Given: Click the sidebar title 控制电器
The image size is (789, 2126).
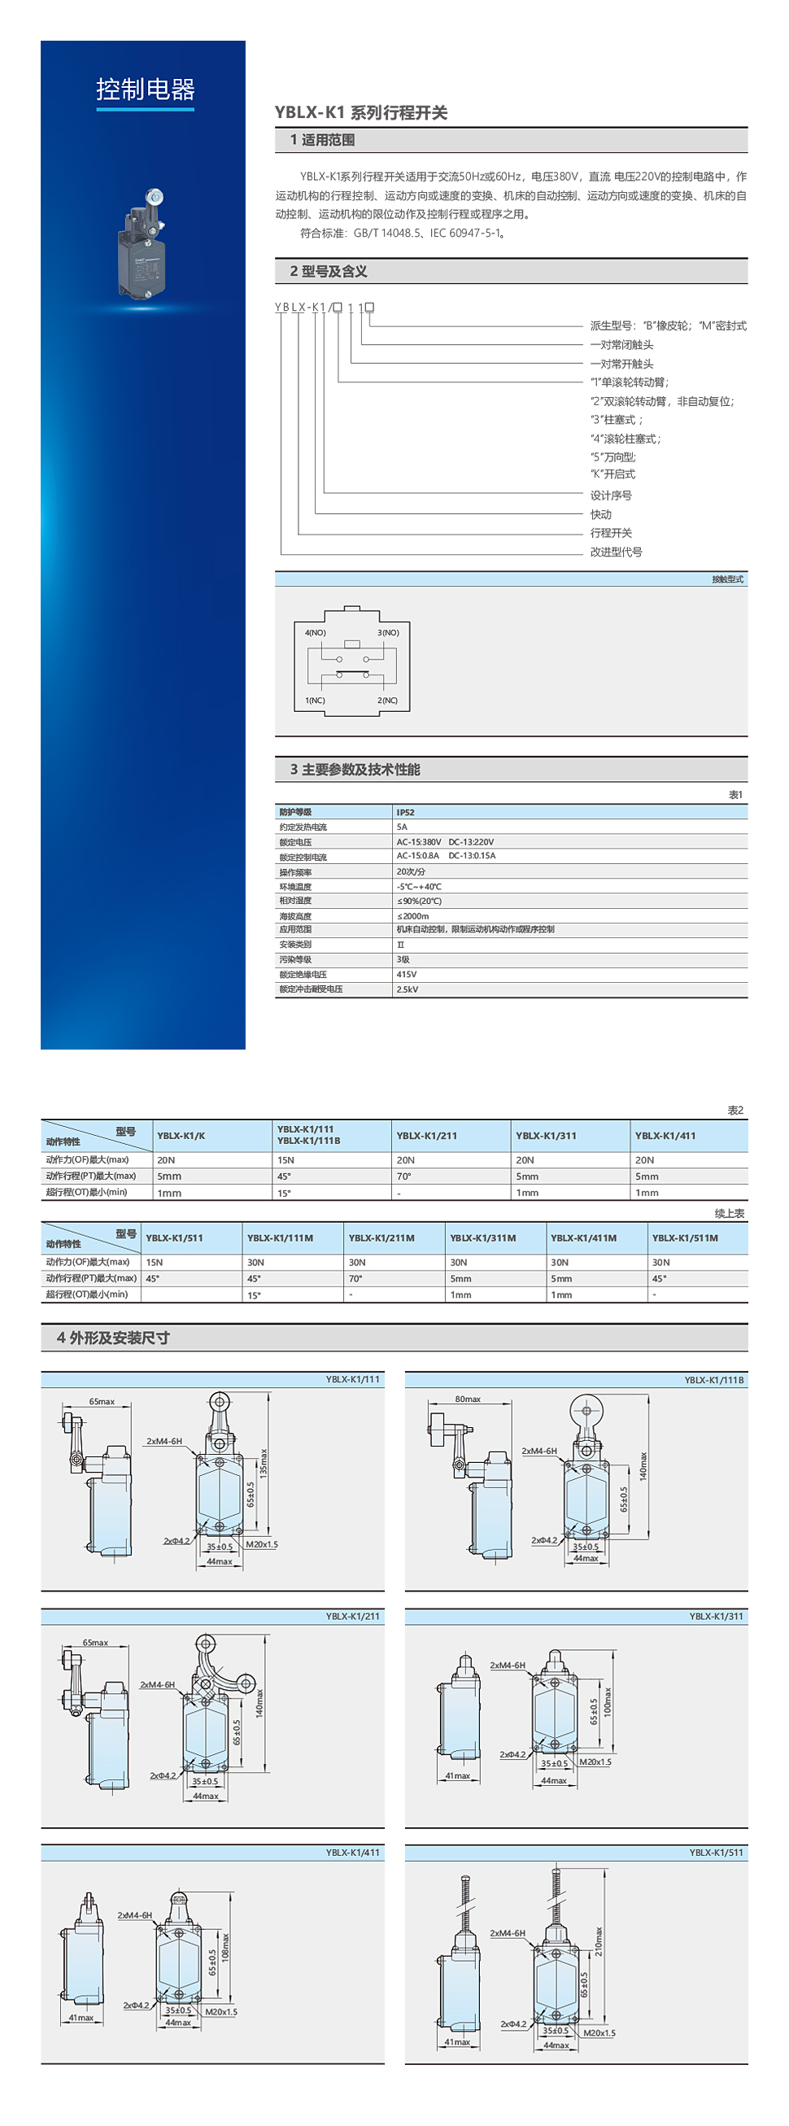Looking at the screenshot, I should pyautogui.click(x=146, y=89).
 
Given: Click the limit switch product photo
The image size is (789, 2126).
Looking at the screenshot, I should pyautogui.click(x=143, y=244).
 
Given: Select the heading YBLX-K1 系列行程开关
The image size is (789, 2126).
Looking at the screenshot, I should pyautogui.click(x=360, y=113).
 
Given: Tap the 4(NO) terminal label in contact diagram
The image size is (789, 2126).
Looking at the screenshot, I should pyautogui.click(x=316, y=632).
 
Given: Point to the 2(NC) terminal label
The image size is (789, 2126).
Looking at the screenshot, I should pyautogui.click(x=387, y=700).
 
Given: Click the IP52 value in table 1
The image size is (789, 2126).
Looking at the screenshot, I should pyautogui.click(x=405, y=812).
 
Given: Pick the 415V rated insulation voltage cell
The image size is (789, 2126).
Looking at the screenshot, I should pyautogui.click(x=407, y=974).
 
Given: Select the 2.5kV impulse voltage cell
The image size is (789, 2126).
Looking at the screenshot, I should pyautogui.click(x=407, y=989).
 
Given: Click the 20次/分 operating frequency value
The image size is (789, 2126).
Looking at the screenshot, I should pyautogui.click(x=410, y=871).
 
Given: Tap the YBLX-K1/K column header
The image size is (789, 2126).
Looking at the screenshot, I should pyautogui.click(x=181, y=1136).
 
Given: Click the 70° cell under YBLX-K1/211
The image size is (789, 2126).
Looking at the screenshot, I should pyautogui.click(x=404, y=1176).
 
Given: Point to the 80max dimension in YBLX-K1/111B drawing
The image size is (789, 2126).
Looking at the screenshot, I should pyautogui.click(x=467, y=1399).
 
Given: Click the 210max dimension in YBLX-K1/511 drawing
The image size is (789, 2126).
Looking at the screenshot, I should pyautogui.click(x=599, y=1941).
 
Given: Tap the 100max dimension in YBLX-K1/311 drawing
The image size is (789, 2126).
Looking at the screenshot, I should pyautogui.click(x=607, y=1702).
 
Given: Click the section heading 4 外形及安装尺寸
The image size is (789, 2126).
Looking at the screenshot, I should pyautogui.click(x=113, y=1338).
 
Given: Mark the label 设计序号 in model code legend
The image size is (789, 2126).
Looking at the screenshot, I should pyautogui.click(x=611, y=495).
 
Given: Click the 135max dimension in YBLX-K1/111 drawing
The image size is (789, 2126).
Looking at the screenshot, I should pyautogui.click(x=264, y=1461).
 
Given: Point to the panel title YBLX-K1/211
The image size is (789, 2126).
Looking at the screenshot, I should pyautogui.click(x=352, y=1616).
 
